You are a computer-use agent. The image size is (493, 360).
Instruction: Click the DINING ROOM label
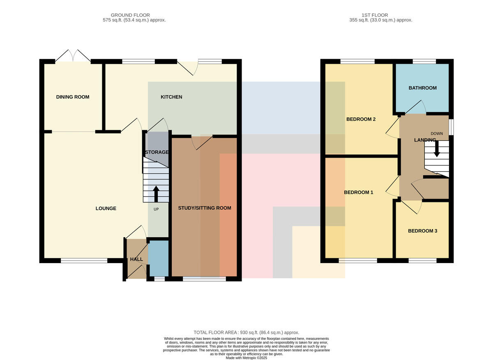(x=73, y=97)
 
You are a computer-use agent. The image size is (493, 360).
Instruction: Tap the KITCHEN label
(x=171, y=97)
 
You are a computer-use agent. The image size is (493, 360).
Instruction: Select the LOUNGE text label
(x=106, y=209)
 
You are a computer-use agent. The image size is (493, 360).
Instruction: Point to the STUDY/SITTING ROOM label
(x=205, y=208)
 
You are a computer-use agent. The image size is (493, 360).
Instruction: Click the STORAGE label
(x=157, y=152)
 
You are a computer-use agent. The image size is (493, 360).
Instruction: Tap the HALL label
(x=136, y=259)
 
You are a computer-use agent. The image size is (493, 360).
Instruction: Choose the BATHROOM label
(x=423, y=88)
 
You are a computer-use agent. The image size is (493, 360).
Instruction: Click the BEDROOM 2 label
(x=361, y=119)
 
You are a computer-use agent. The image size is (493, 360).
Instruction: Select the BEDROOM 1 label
(x=359, y=193)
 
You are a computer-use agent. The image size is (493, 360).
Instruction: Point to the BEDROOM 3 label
(x=423, y=231)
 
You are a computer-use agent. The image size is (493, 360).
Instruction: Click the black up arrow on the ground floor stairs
(x=156, y=194)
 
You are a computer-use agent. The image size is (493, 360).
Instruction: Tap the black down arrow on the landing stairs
(x=437, y=149)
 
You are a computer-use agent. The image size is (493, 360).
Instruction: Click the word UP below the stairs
(x=156, y=209)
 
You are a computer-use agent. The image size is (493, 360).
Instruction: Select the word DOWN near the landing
(x=437, y=133)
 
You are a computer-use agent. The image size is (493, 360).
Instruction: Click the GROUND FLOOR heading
(x=130, y=15)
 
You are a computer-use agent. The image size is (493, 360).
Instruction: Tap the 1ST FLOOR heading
(x=375, y=15)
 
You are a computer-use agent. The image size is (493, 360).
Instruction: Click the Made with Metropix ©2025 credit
(x=246, y=358)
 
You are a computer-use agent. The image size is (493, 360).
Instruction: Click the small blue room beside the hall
(x=158, y=258)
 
